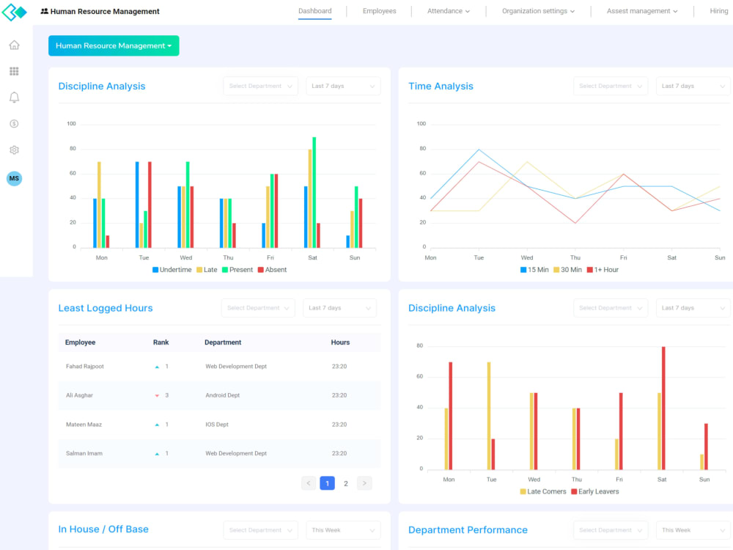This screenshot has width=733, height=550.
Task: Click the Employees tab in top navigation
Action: [379, 11]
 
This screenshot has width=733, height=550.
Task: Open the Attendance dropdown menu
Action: [448, 11]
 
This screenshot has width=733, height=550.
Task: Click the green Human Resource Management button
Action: [114, 45]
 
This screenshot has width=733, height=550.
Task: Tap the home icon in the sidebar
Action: [14, 45]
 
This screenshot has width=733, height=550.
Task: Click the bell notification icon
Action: [14, 98]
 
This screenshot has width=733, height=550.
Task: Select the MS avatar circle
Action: [14, 178]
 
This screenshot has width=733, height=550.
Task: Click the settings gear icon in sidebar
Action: [14, 150]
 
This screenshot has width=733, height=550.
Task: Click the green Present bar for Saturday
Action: [314, 192]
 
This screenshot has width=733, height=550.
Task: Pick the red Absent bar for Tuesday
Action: [150, 205]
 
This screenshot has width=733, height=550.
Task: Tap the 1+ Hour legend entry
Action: [602, 270]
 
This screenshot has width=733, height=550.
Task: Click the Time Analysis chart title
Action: [441, 87]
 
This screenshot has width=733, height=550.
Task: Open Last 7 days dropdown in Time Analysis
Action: [693, 87]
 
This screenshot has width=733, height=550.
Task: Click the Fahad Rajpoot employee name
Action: [84, 367]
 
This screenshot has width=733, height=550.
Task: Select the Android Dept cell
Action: [222, 395]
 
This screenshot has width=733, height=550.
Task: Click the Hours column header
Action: [340, 342]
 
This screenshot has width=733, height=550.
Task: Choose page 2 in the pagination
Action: [346, 483]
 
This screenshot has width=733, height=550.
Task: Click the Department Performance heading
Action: [468, 530]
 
